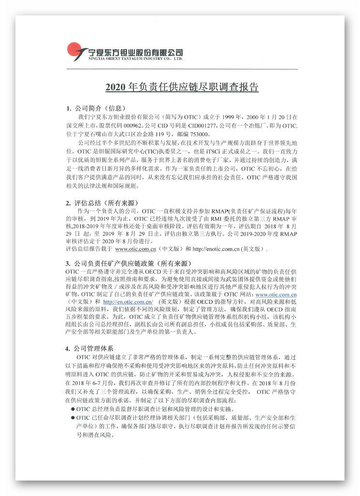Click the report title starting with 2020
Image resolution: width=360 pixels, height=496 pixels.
point(182,87)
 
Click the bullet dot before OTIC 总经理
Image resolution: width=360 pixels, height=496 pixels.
point(72,409)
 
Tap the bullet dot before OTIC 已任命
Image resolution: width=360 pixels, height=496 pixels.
point(72,417)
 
